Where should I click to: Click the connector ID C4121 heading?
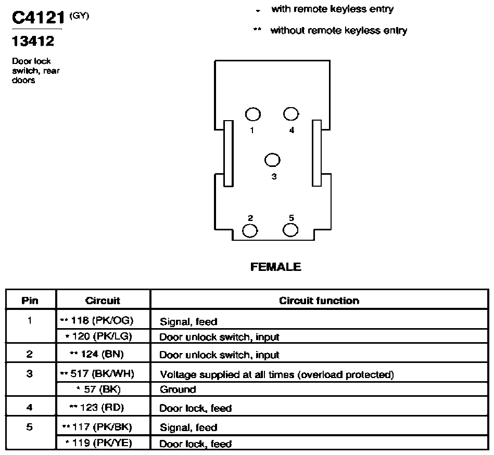pyautogui.click(x=38, y=18)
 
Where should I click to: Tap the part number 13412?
pyautogui.click(x=33, y=41)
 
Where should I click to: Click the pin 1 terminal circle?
pyautogui.click(x=252, y=114)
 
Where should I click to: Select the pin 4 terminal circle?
pyautogui.click(x=291, y=114)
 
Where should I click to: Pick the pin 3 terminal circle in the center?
pyautogui.click(x=272, y=160)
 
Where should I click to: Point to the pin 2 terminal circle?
pyautogui.click(x=250, y=231)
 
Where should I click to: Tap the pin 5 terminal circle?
pyautogui.click(x=290, y=230)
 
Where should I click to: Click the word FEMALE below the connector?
pyautogui.click(x=276, y=267)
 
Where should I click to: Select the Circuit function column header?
pyautogui.click(x=319, y=301)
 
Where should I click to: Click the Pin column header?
pyautogui.click(x=30, y=301)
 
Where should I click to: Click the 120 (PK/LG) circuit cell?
pyautogui.click(x=98, y=336)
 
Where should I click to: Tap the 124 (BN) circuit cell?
pyautogui.click(x=97, y=354)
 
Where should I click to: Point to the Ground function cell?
pyautogui.click(x=178, y=389)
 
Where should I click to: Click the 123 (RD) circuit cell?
pyautogui.click(x=97, y=408)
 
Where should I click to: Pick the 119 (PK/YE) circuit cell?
pyautogui.click(x=98, y=443)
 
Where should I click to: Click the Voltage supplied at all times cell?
pyautogui.click(x=277, y=374)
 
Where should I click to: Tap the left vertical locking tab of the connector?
pyautogui.click(x=229, y=153)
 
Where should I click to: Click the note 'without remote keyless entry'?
pyautogui.click(x=339, y=31)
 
